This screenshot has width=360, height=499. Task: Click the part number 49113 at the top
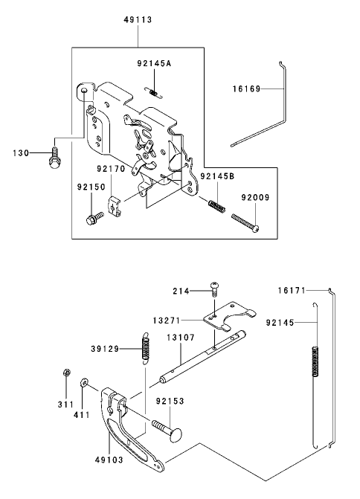point(138,20)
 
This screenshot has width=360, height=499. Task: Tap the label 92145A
point(154,63)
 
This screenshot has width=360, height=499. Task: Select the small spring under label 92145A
point(154,93)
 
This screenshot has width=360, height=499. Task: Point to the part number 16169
point(246,88)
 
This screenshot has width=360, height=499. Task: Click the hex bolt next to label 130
point(54,158)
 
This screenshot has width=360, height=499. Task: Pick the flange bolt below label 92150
point(94,219)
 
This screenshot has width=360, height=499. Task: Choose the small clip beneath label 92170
point(115,207)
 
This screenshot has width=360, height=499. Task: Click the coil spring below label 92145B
point(217,205)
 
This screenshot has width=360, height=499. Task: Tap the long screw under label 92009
point(245,223)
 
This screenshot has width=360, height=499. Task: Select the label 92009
point(255,198)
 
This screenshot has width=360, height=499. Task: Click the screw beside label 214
point(214,289)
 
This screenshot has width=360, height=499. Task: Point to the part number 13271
point(167,321)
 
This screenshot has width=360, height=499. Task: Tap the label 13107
point(181,338)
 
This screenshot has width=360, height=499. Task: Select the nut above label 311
point(66,373)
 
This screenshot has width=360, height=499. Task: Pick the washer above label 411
point(84,382)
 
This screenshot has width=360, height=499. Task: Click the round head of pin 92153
point(176,435)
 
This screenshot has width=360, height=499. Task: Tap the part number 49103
point(109,460)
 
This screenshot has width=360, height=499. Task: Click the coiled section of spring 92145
point(315,361)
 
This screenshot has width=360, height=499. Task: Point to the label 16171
point(292,290)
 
